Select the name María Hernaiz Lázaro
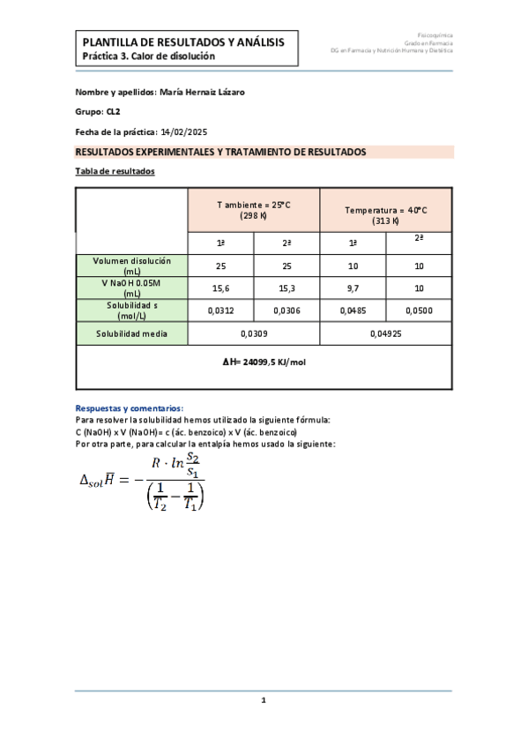(204, 92)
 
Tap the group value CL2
(114, 112)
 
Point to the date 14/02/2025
(189, 132)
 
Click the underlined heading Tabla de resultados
(115, 171)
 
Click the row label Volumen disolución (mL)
(132, 266)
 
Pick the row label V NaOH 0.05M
(132, 283)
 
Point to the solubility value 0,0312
(221, 310)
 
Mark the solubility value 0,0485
(353, 310)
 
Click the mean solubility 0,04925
(386, 334)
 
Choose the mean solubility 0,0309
(254, 334)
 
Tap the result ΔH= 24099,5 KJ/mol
(264, 362)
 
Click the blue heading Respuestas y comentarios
(130, 408)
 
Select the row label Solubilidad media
(132, 334)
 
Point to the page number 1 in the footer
(264, 700)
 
